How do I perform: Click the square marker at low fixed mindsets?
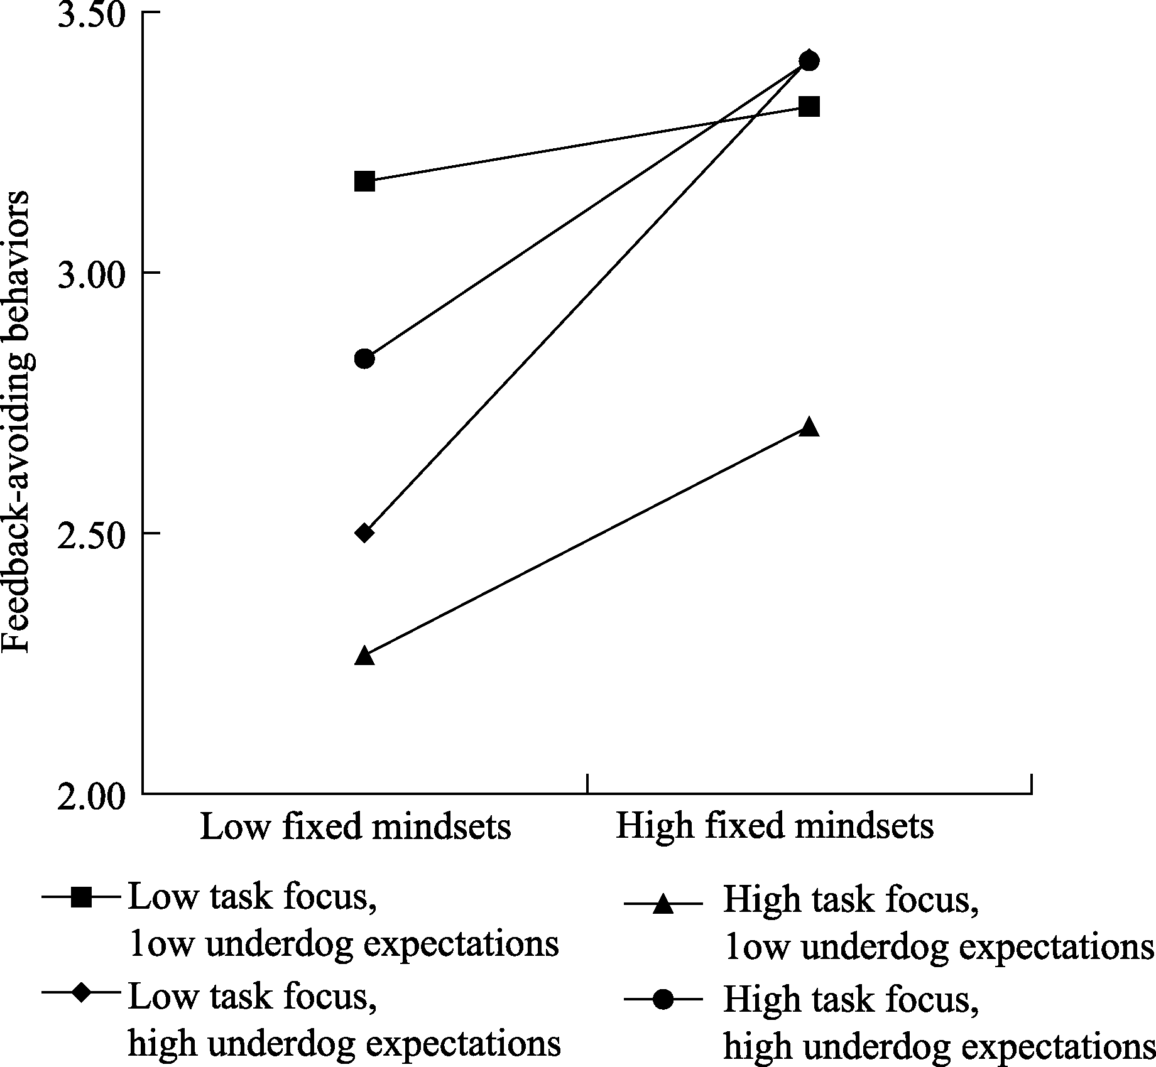(364, 181)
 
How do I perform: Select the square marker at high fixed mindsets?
(810, 106)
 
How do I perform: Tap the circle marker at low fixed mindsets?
(364, 359)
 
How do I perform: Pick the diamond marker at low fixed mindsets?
(364, 533)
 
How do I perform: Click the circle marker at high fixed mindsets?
(810, 61)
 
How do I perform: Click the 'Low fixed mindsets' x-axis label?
(356, 826)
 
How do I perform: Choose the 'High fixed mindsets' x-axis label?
(774, 826)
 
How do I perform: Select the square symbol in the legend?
(81, 897)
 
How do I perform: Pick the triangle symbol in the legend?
(663, 905)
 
